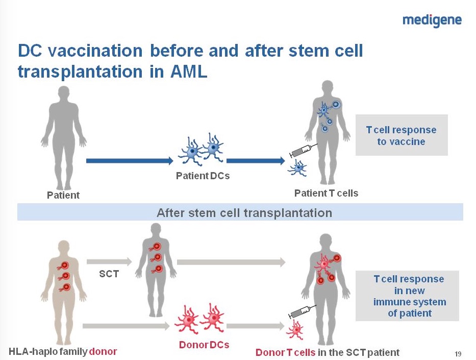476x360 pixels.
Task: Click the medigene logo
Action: pos(432,20)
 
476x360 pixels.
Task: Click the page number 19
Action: pos(458,353)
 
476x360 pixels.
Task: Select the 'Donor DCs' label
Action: pos(204,345)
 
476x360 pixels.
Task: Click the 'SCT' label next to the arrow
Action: pos(108,274)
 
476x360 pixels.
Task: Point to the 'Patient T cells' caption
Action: pos(326,193)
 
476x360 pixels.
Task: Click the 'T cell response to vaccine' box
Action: pos(401,135)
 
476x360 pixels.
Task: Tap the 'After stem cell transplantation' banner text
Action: pos(244,212)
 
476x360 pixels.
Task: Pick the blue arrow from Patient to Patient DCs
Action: pos(130,161)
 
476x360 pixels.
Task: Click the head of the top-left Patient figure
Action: pos(63,95)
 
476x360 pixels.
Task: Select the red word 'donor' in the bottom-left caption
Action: pos(103,351)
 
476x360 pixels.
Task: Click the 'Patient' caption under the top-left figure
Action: pos(63,195)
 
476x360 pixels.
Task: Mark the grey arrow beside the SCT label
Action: pos(109,262)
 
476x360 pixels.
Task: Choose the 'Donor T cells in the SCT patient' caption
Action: pos(327,352)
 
